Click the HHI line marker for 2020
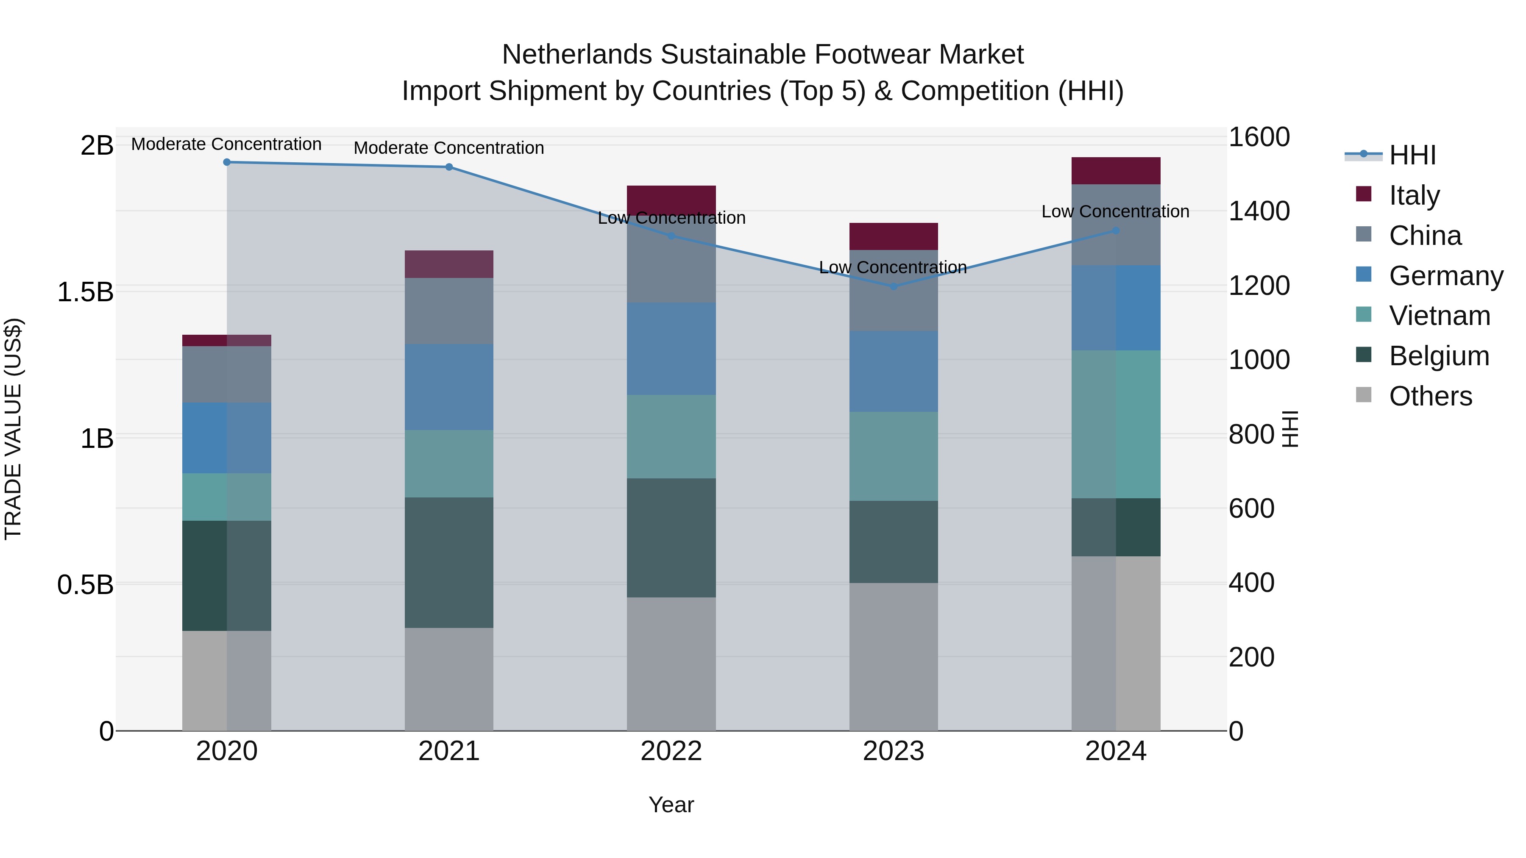(226, 162)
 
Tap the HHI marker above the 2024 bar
(1116, 230)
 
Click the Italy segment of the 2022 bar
(671, 199)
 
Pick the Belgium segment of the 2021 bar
(448, 563)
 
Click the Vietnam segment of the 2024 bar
(1116, 424)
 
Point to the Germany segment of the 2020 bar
(226, 438)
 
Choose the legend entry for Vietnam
(1440, 316)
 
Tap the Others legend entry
(1430, 396)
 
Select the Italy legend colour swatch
(1364, 194)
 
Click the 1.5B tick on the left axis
(85, 292)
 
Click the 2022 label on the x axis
(671, 751)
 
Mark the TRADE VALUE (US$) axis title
(13, 429)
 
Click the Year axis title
(671, 805)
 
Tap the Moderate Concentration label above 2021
(448, 147)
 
